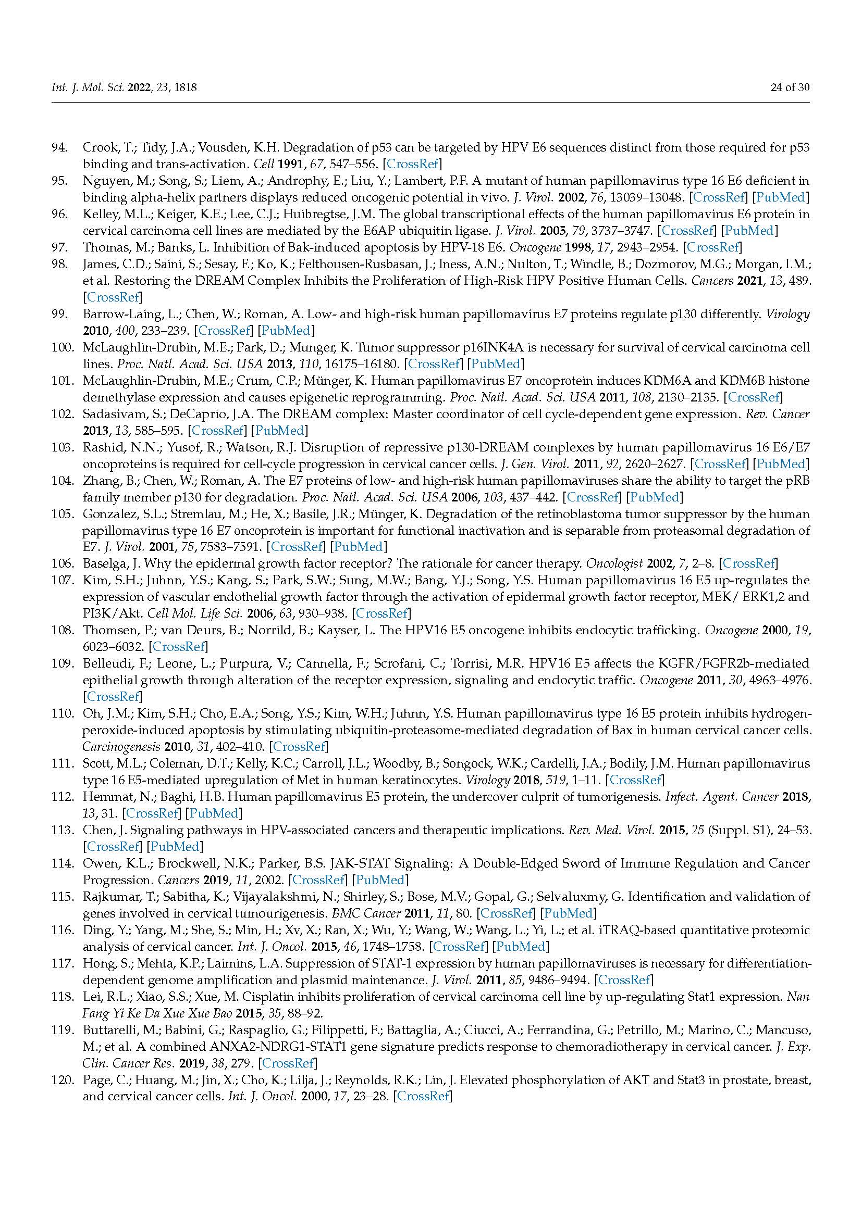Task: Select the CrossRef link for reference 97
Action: pyautogui.click(x=712, y=247)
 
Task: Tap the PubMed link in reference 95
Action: pyautogui.click(x=782, y=197)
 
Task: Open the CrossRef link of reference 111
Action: pyautogui.click(x=635, y=780)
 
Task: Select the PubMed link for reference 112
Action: pyautogui.click(x=214, y=813)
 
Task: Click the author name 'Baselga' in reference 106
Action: pyautogui.click(x=103, y=563)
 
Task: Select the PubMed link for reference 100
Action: pyautogui.click(x=497, y=364)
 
